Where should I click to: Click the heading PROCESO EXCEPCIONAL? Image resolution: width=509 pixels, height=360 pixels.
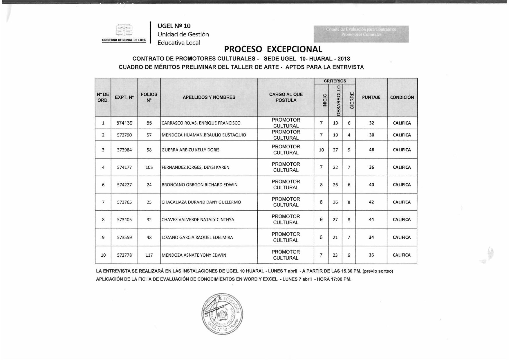pos(273,49)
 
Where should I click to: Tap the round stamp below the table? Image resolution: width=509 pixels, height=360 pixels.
pos(222,314)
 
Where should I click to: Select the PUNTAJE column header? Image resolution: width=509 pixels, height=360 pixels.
pos(371,97)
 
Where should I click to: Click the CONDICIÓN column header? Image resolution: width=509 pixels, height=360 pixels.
pos(402,97)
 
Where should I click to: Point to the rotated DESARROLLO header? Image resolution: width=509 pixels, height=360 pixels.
pos(339,100)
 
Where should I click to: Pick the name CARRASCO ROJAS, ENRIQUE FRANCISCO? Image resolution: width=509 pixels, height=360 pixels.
pos(201,123)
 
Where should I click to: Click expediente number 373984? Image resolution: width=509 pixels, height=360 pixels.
pos(124,150)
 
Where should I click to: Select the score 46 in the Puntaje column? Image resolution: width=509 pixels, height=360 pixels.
pos(371,150)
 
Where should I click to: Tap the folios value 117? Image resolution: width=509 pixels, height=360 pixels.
pos(149,255)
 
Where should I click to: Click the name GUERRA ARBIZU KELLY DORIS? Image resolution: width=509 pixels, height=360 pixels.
pos(190,150)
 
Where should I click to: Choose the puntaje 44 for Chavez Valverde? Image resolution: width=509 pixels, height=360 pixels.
pos(371,219)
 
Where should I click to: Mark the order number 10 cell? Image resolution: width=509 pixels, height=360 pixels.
pos(103,255)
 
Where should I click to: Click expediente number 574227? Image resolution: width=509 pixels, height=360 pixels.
pos(124,185)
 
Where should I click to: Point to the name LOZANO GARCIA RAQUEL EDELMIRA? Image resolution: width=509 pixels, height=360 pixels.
pos(197,237)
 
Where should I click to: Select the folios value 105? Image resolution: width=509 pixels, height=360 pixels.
pos(149,167)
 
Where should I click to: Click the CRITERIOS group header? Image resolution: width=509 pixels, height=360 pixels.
pos(335,81)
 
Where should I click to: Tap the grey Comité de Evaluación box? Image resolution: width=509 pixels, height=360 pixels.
pos(361,34)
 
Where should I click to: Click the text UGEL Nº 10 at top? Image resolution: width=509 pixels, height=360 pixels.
pos(174,26)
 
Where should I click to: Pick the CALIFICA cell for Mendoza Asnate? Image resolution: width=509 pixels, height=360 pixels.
pos(402,255)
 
